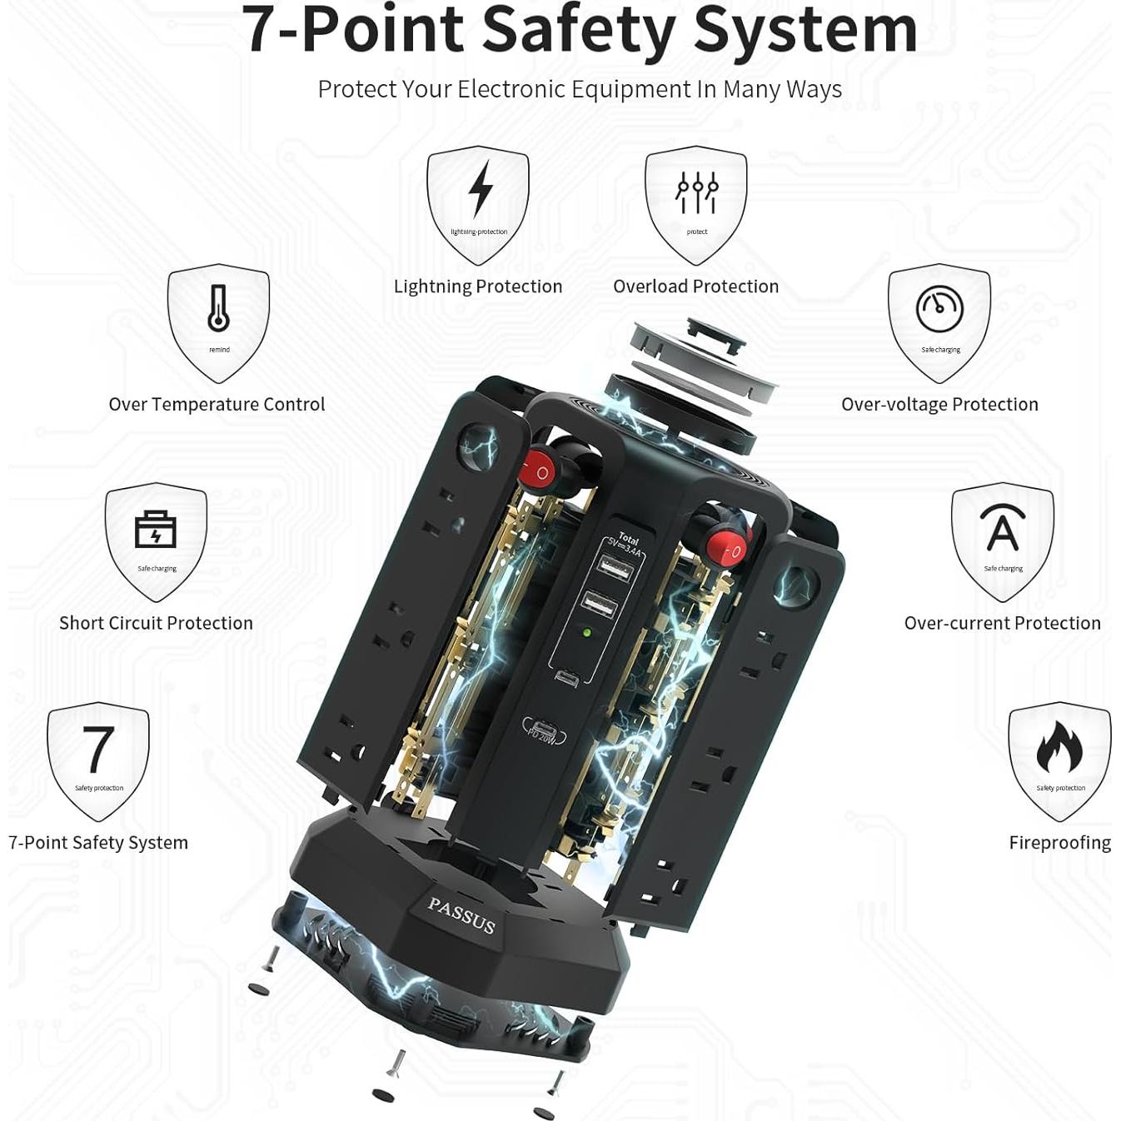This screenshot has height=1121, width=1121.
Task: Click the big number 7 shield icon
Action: (x=98, y=760)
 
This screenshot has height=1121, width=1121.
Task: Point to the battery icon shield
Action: (x=156, y=540)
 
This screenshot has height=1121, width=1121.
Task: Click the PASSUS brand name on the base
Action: (x=461, y=915)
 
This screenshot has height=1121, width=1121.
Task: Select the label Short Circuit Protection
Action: (x=156, y=623)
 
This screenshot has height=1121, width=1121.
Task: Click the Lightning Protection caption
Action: (x=478, y=286)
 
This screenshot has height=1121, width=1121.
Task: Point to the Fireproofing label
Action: (x=1059, y=843)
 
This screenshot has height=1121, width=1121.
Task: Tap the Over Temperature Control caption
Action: (x=217, y=405)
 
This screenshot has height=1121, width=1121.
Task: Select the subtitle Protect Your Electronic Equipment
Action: (x=580, y=89)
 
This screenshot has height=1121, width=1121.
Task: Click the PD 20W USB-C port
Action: (x=544, y=730)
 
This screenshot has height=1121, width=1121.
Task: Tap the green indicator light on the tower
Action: (x=587, y=633)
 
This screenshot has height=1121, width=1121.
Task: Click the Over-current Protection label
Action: (x=1002, y=623)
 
